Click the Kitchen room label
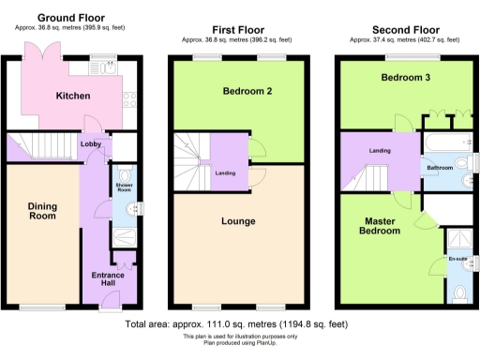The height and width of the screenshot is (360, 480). point(72,97)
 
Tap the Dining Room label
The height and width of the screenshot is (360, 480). point(42,211)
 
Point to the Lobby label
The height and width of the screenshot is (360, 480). point(90,144)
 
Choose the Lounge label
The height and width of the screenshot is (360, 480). point(238,222)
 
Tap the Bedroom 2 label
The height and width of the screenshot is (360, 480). point(241,92)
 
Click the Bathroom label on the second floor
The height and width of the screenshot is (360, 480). point(441,169)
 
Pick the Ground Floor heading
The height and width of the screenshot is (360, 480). point(70,18)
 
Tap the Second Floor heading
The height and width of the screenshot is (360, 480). point(407,30)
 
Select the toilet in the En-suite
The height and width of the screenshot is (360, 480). point(457,294)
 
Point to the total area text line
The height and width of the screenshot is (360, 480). point(238,324)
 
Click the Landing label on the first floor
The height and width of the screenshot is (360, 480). point(225,172)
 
